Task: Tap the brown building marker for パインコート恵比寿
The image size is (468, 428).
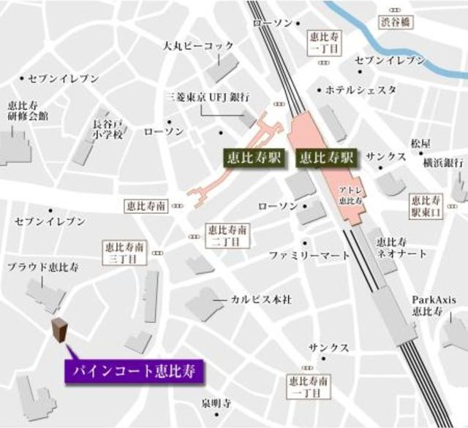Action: pos(59,331)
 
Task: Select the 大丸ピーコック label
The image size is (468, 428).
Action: pos(199,46)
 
